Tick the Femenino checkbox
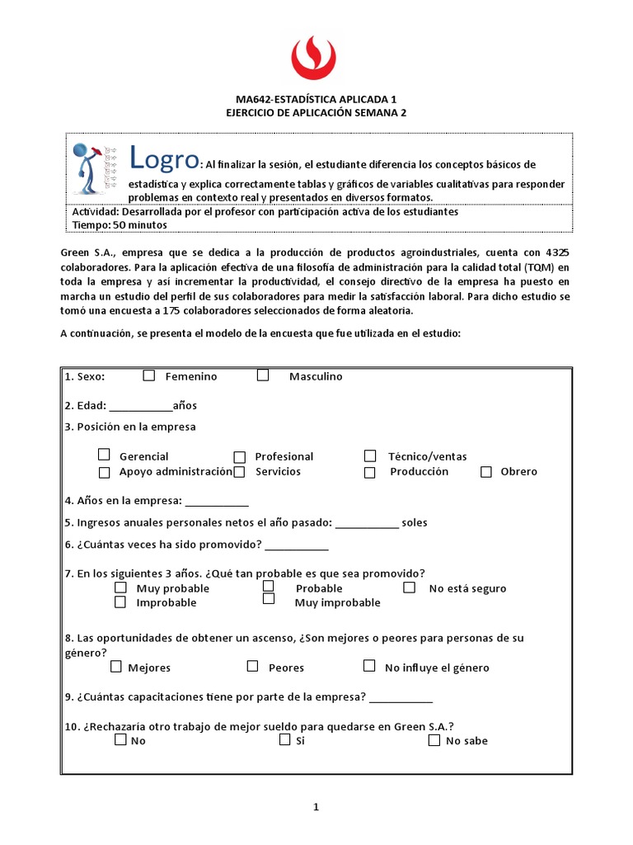[x=149, y=375]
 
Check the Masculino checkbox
[x=263, y=375]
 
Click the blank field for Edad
[x=140, y=405]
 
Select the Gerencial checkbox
[x=104, y=455]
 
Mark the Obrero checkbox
[x=486, y=472]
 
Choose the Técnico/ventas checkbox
[x=371, y=456]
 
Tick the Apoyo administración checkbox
[x=104, y=473]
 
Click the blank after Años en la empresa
[x=217, y=501]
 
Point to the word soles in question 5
[x=415, y=522]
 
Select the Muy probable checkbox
[x=120, y=588]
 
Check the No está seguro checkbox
[x=410, y=588]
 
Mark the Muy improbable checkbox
[x=269, y=600]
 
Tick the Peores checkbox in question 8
[x=252, y=667]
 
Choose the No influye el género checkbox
[x=369, y=667]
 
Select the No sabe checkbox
[x=434, y=740]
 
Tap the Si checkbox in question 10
[x=285, y=740]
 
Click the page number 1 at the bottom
[x=315, y=807]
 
